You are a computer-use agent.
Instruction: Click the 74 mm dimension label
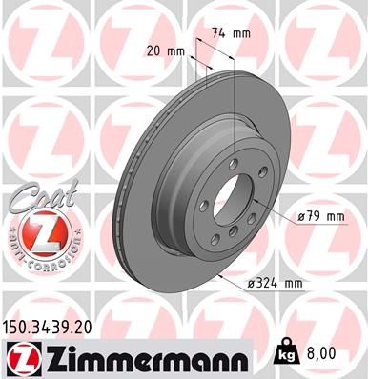coord(233,33)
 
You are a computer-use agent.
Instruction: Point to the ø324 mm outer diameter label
coord(275,284)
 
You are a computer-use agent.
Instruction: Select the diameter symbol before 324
coord(251,284)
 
